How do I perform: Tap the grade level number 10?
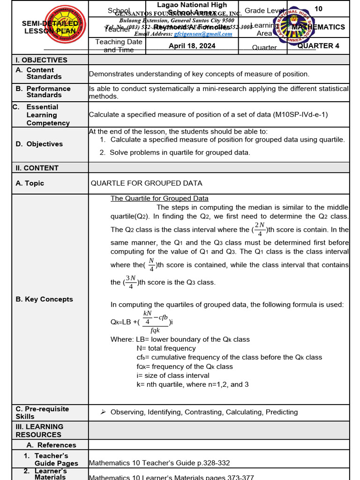(x=318, y=9)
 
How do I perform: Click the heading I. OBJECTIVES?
(x=42, y=60)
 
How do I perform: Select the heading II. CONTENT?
(x=37, y=168)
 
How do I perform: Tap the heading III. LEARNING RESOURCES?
(x=38, y=430)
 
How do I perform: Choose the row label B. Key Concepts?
(x=44, y=299)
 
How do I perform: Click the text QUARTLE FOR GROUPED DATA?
(x=146, y=183)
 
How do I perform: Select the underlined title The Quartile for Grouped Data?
(x=159, y=198)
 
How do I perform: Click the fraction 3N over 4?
(x=130, y=282)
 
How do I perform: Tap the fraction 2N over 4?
(x=260, y=230)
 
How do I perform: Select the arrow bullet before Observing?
(x=103, y=412)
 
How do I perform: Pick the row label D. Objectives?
(x=39, y=144)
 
